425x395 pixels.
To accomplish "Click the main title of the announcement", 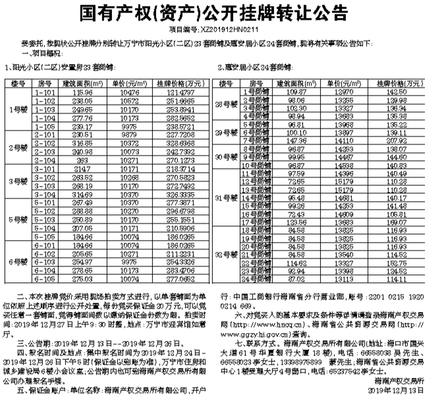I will point(212,13).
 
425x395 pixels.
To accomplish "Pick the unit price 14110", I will point(341,140).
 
